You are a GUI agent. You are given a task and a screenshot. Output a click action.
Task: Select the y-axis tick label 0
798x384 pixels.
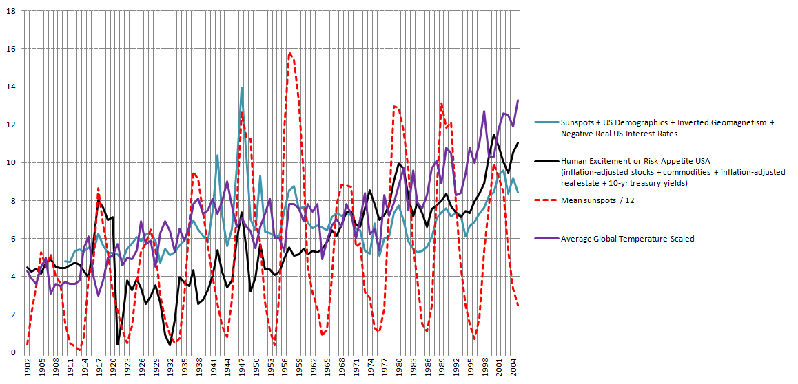[x=14, y=352]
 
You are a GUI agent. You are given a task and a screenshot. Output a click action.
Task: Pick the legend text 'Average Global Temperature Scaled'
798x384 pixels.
[x=628, y=239]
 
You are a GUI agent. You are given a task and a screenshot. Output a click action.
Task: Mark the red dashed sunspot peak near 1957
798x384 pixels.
[x=290, y=53]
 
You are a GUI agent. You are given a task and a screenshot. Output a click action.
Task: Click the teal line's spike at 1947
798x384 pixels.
[x=241, y=88]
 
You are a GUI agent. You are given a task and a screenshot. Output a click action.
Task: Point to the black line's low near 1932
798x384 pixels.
[x=170, y=344]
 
